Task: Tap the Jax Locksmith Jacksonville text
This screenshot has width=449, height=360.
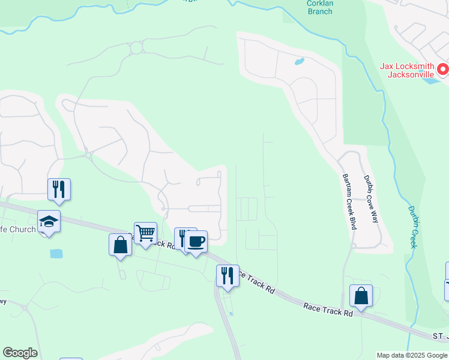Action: click(410, 70)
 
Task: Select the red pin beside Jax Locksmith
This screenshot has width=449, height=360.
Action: click(443, 70)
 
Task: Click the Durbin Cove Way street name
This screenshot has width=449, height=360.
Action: click(370, 199)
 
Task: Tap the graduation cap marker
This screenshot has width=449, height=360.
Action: click(49, 222)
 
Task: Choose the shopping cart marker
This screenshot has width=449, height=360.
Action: click(145, 232)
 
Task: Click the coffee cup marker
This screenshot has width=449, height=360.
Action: click(196, 241)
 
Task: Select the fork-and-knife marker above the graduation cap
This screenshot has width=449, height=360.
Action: click(59, 189)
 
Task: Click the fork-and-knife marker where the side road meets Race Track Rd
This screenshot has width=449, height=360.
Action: click(228, 275)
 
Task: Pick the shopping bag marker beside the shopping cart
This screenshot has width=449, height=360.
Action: click(120, 245)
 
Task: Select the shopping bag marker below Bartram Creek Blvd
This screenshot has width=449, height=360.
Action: click(361, 296)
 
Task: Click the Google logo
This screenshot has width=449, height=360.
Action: click(20, 353)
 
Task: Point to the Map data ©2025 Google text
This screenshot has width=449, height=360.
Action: click(411, 355)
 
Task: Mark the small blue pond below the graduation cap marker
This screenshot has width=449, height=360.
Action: click(56, 254)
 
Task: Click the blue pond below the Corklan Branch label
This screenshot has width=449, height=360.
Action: click(298, 61)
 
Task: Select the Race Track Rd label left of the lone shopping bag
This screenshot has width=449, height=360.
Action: click(328, 309)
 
